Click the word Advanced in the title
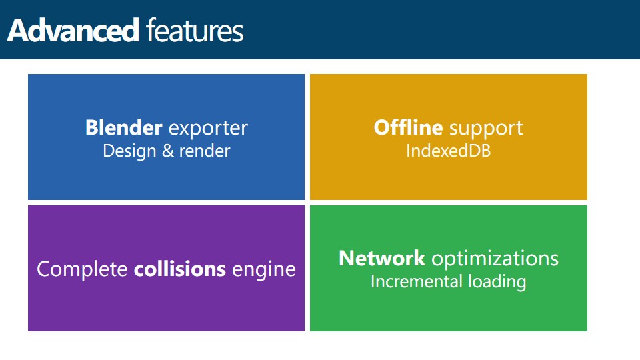point(73,30)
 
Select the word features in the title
point(195,30)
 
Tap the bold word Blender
point(124,127)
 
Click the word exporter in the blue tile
point(208,129)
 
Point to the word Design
point(129,151)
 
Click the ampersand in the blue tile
point(168,151)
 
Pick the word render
point(205,151)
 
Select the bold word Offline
point(408,127)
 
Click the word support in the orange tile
point(486,129)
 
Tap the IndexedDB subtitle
point(448,151)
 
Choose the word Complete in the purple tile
point(82,270)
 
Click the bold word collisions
point(180,269)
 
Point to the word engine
point(264,271)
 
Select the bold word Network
point(382,259)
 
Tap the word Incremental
point(416,281)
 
